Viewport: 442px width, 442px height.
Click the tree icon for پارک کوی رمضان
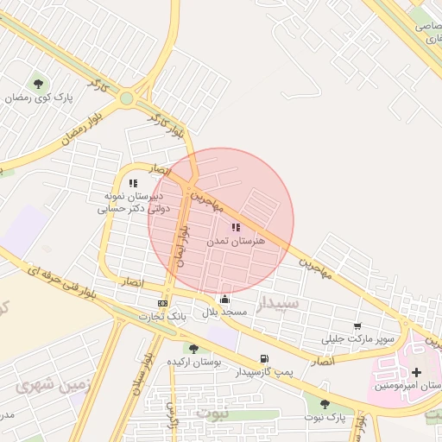click(38, 84)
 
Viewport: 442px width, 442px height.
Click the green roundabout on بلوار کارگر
click(127, 98)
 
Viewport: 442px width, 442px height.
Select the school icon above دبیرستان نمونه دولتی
click(133, 183)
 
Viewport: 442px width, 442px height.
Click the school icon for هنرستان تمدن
click(236, 227)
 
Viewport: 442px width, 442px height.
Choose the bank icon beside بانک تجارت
click(163, 304)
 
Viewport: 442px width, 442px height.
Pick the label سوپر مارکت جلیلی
click(361, 339)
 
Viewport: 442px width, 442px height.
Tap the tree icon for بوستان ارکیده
click(193, 348)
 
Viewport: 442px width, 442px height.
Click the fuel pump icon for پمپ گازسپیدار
click(263, 359)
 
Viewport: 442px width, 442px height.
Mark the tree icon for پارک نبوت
click(325, 403)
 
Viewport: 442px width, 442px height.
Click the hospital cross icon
click(416, 372)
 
